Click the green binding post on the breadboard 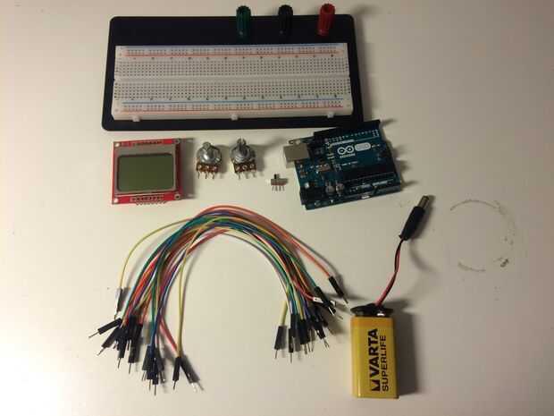coord(242,19)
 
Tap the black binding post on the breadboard coord(285,19)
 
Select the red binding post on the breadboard coord(326,19)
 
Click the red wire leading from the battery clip coord(385,268)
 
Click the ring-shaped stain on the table coord(483,234)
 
